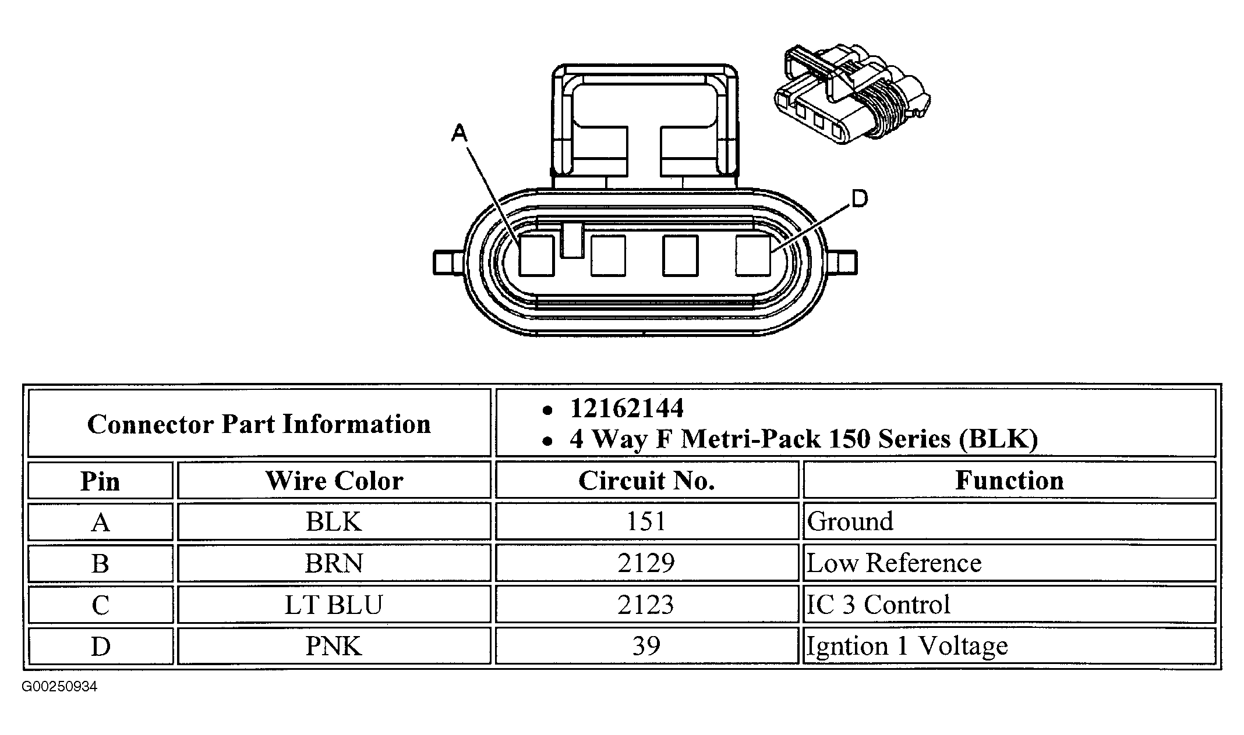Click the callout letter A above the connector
[460, 134]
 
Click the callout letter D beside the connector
[859, 199]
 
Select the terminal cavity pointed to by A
[536, 255]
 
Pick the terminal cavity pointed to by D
[752, 255]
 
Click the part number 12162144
[627, 409]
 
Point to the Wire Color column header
[334, 481]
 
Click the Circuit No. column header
[646, 481]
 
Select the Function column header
[1009, 481]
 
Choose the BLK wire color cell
[334, 521]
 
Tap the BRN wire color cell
[334, 563]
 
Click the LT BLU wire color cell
[334, 605]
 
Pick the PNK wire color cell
[334, 646]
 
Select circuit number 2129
[646, 563]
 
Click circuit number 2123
[646, 605]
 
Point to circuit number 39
[646, 646]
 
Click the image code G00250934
[59, 687]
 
